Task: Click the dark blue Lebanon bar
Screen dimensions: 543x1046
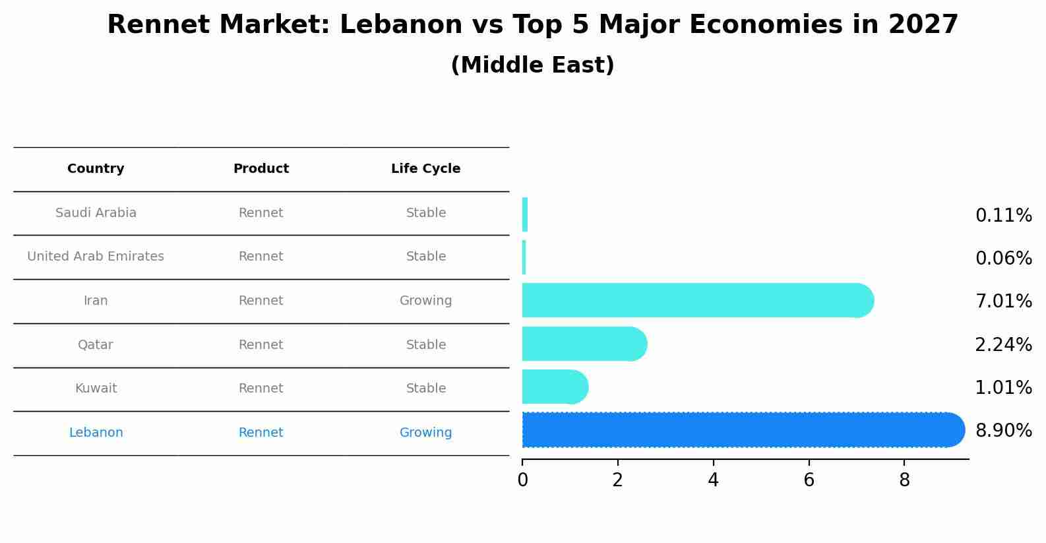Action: click(x=739, y=430)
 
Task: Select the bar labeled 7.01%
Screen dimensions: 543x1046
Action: click(x=692, y=300)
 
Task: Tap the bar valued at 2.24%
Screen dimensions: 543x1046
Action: click(x=580, y=344)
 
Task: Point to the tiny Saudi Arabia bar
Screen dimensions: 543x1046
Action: click(x=525, y=214)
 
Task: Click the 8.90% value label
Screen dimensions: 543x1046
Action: click(x=1003, y=431)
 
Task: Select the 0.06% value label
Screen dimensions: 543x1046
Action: click(x=1003, y=259)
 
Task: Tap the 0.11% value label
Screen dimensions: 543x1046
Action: click(x=1003, y=216)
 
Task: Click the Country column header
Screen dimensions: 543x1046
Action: click(x=96, y=169)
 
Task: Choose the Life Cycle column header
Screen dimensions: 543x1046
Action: click(x=425, y=169)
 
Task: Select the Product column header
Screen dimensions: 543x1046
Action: click(x=261, y=169)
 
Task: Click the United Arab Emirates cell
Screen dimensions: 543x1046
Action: click(x=96, y=257)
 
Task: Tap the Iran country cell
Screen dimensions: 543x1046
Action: click(x=96, y=301)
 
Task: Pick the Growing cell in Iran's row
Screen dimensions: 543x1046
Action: click(x=425, y=301)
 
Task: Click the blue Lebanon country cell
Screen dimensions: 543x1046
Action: click(x=96, y=433)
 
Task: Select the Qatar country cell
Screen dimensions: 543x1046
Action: click(x=96, y=345)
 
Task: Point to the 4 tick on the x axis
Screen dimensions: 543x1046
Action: click(x=713, y=480)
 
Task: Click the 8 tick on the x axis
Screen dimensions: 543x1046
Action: click(x=904, y=480)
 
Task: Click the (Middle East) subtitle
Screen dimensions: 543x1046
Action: click(x=532, y=65)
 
